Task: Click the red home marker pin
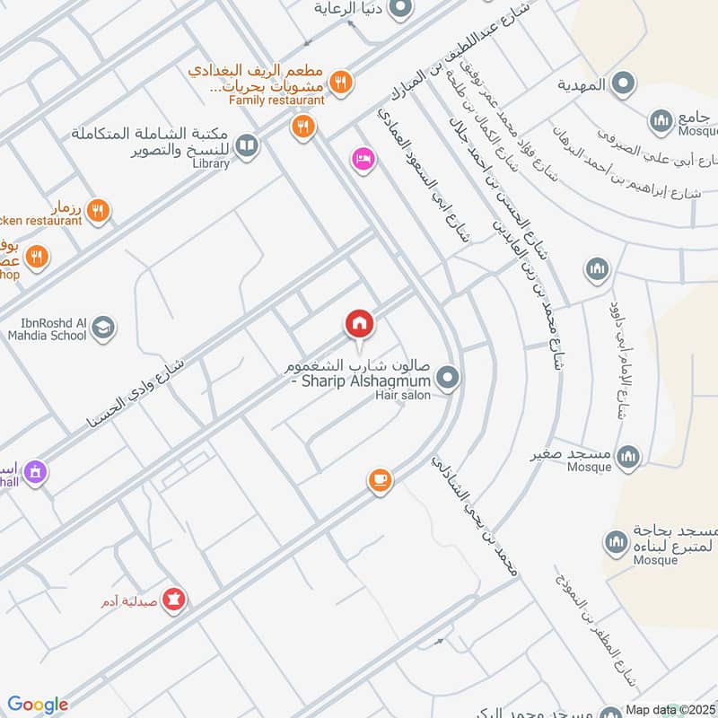359,324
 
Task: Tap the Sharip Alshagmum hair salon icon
450,379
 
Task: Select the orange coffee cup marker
381,480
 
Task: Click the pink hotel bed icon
364,158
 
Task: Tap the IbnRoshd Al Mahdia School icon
103,328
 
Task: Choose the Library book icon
247,144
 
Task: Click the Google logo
38,705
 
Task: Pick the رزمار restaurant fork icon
99,211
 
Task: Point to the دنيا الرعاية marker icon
400,9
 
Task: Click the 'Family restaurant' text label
276,101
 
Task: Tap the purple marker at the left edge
35,471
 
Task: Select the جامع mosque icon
661,119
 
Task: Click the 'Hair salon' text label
403,395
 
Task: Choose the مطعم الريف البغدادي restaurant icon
339,83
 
